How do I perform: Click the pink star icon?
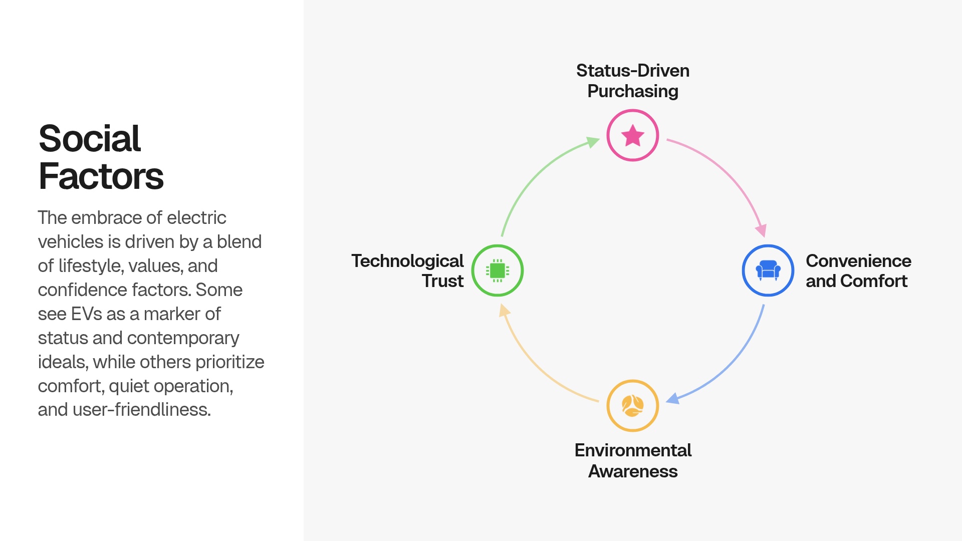click(x=632, y=135)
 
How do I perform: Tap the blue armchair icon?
click(x=768, y=270)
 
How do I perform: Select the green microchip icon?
click(x=498, y=270)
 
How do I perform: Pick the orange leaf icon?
click(x=632, y=406)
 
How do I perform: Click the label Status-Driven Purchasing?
click(x=632, y=81)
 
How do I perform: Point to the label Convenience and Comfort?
click(x=858, y=271)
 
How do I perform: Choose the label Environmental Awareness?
click(x=632, y=461)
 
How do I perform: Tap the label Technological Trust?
click(x=407, y=271)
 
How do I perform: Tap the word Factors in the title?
click(x=101, y=176)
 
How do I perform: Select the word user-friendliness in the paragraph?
click(x=142, y=410)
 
